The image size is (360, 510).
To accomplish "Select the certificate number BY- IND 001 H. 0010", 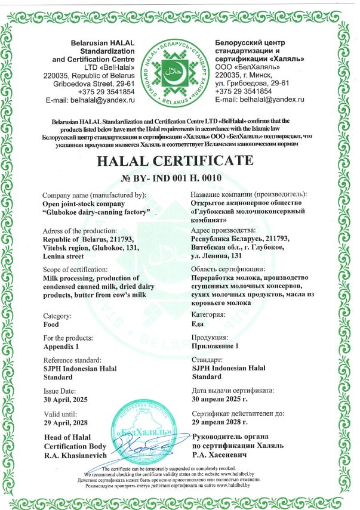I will (x=180, y=178).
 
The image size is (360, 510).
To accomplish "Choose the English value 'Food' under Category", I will (x=51, y=325).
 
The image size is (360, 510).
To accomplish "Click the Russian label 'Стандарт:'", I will (x=207, y=360).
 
